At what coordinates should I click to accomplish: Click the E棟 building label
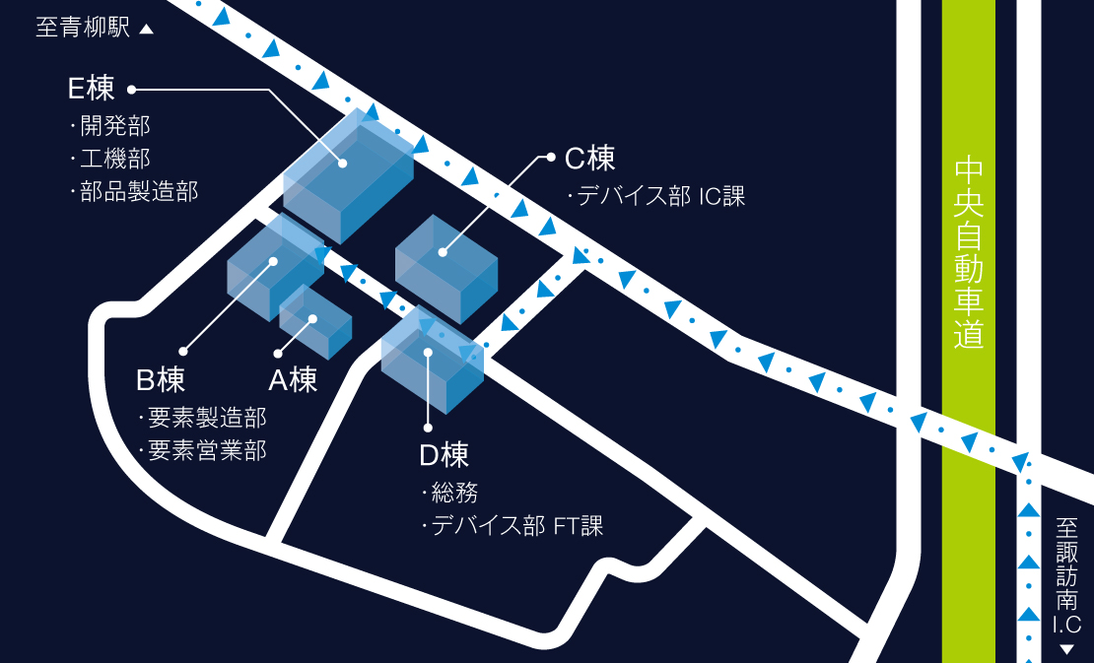point(92,89)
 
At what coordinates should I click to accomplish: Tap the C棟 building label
point(590,158)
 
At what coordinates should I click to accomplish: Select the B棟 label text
point(161,379)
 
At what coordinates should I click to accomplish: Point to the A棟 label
point(293,379)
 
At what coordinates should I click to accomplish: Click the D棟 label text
point(444,454)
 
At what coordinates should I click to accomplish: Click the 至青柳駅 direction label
point(83,28)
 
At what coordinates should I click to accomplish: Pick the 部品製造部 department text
point(139,191)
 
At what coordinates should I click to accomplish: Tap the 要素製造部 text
point(206,418)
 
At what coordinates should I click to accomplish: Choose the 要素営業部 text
point(206,451)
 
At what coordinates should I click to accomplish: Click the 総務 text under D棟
point(454,493)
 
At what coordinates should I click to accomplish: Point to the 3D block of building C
point(446,266)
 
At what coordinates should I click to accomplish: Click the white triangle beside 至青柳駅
point(147,30)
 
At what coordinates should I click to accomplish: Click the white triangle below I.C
point(1065,649)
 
